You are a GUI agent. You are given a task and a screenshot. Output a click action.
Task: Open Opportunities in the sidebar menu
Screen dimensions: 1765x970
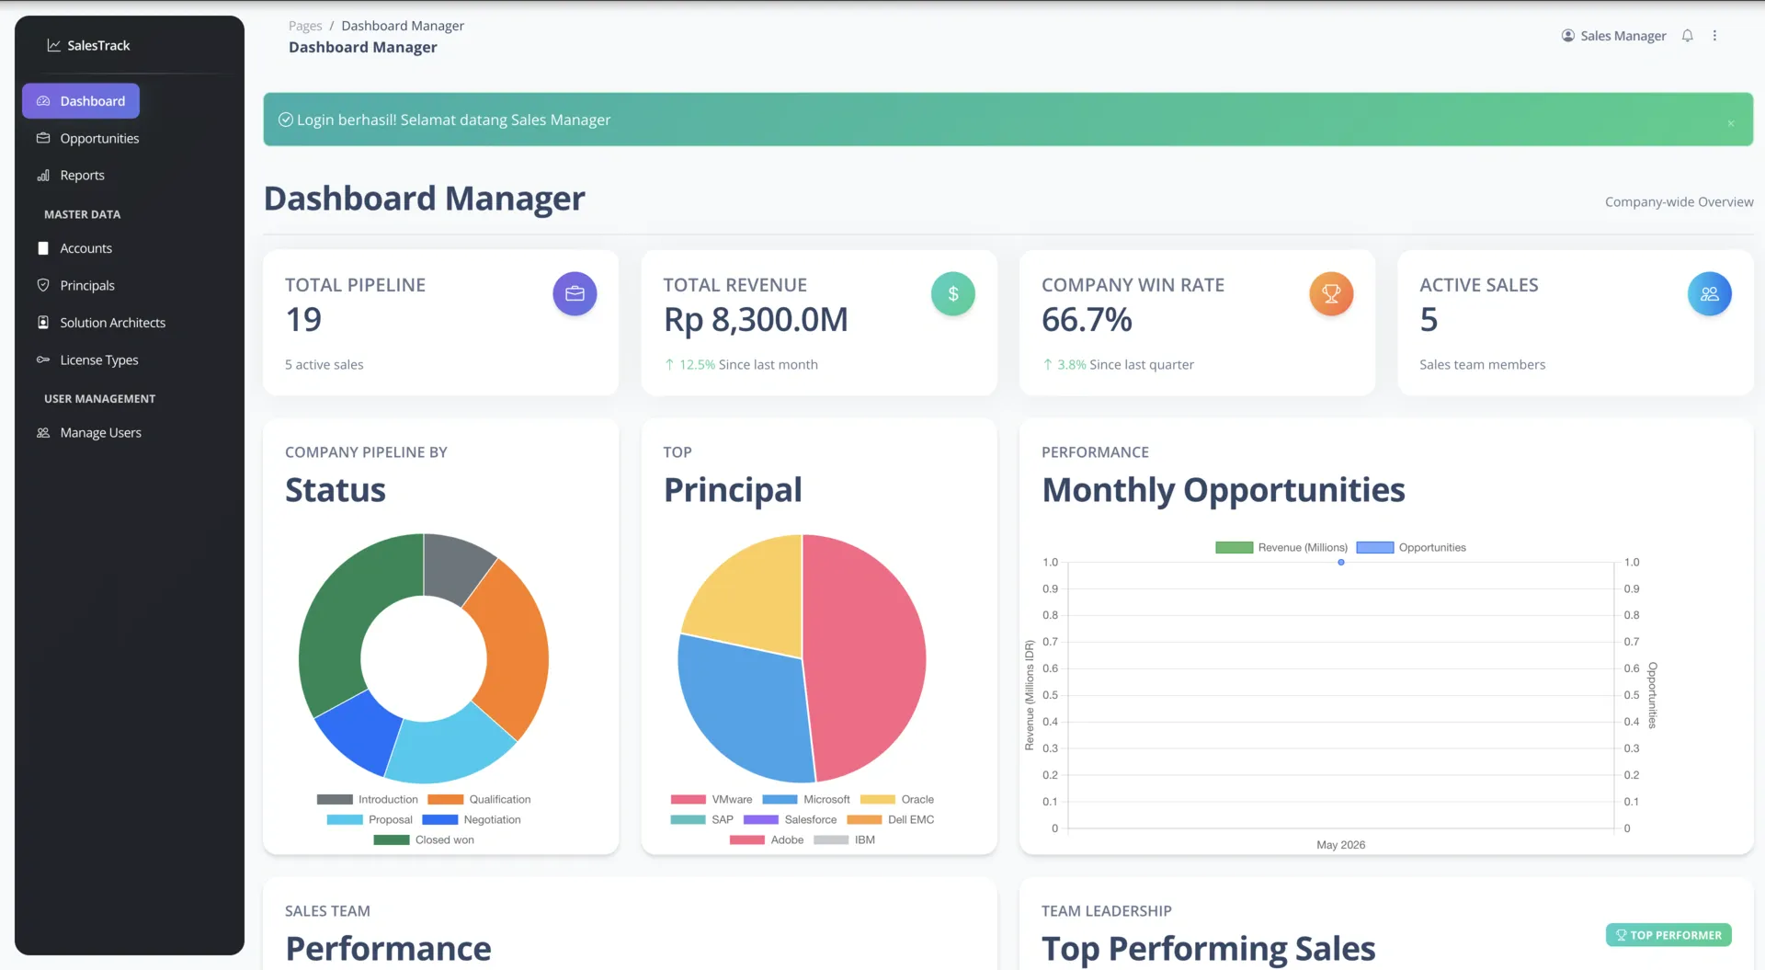point(99,139)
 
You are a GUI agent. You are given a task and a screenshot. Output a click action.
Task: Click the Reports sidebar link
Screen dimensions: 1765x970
point(82,176)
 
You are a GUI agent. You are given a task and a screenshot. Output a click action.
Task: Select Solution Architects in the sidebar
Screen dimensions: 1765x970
point(112,323)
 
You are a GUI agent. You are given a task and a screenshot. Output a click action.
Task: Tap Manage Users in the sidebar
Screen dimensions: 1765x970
point(100,433)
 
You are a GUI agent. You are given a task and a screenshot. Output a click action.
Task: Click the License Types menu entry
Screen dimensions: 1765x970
point(98,360)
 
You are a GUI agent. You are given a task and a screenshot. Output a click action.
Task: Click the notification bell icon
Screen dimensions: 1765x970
point(1687,36)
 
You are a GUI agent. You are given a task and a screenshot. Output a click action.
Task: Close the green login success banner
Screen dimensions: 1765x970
point(1731,123)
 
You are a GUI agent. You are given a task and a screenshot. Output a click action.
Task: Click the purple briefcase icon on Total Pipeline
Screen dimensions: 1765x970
point(575,294)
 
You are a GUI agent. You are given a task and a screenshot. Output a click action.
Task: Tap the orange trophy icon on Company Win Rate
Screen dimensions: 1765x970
point(1331,294)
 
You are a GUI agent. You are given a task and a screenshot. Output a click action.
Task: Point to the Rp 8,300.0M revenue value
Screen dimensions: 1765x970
point(756,320)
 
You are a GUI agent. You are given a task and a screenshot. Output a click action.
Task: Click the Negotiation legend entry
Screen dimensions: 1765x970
point(472,820)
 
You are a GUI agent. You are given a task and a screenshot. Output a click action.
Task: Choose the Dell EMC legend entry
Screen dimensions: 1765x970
point(891,820)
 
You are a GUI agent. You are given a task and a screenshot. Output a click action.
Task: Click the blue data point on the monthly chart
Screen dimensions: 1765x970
point(1341,563)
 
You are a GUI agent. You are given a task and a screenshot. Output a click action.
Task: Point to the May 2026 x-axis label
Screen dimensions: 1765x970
point(1340,845)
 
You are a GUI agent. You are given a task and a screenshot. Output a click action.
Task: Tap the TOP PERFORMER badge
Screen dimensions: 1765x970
point(1668,935)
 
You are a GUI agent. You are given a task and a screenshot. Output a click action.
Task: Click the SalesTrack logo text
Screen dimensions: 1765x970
point(98,46)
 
